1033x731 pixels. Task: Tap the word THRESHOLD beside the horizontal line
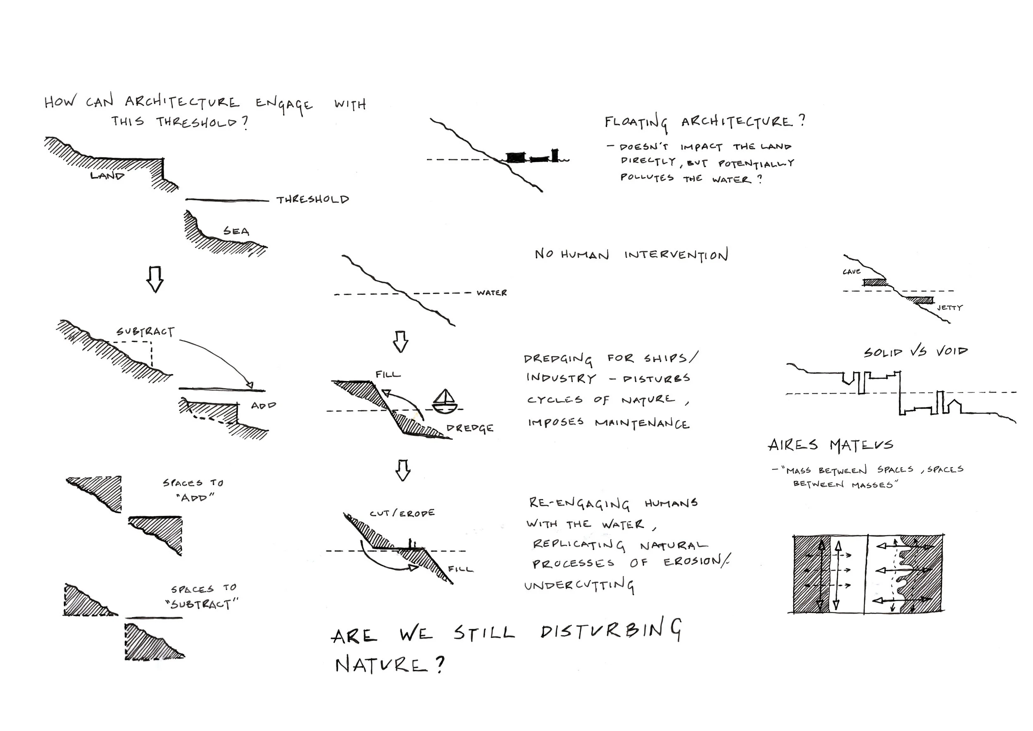313,199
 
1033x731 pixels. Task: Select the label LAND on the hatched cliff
107,176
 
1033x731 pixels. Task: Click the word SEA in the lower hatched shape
236,232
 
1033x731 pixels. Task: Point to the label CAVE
852,272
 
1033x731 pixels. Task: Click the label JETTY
949,308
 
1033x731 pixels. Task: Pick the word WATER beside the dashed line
491,293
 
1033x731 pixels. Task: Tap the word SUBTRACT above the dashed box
145,332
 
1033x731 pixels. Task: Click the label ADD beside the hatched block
263,405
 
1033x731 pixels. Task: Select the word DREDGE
470,428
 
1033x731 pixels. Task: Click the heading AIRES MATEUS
830,445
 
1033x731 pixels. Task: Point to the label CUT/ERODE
402,513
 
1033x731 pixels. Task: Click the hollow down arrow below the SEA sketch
155,279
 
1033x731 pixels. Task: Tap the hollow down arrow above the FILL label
400,342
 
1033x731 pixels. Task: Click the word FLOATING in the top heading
636,122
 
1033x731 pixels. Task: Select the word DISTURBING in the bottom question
611,631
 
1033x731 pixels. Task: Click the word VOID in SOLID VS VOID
951,351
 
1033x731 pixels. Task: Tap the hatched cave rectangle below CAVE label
874,283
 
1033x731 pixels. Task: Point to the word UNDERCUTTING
579,585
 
